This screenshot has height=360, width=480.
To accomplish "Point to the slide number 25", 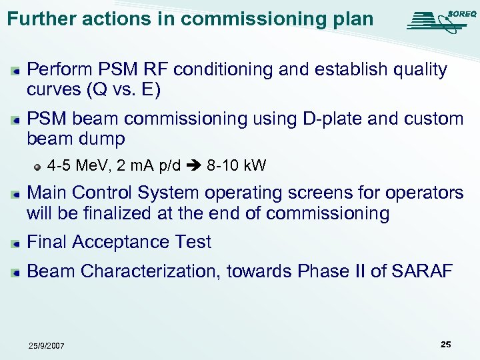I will pyautogui.click(x=445, y=344).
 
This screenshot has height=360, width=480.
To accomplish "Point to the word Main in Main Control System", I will pyautogui.click(x=47, y=193).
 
